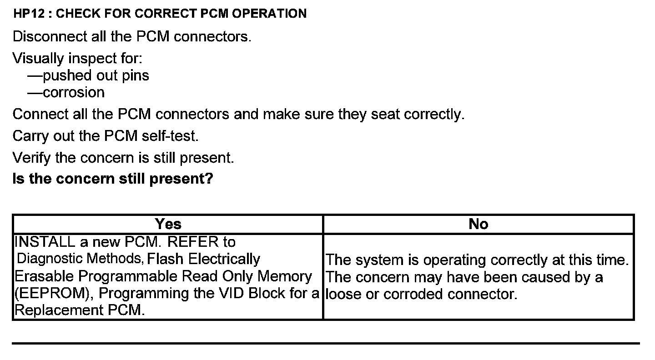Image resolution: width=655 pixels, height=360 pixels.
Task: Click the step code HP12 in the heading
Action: click(x=30, y=14)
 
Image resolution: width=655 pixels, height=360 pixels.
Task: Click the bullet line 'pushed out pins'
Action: click(x=96, y=75)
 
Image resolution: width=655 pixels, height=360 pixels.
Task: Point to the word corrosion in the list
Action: click(x=74, y=92)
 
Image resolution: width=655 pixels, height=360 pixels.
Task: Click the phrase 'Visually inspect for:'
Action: click(x=77, y=58)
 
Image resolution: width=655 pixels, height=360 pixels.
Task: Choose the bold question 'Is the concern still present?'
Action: click(x=113, y=179)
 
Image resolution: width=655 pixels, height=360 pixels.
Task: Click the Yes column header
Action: click(x=168, y=224)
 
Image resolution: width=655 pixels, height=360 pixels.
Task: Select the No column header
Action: click(x=478, y=224)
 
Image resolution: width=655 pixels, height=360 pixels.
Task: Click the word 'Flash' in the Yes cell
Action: click(x=166, y=259)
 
